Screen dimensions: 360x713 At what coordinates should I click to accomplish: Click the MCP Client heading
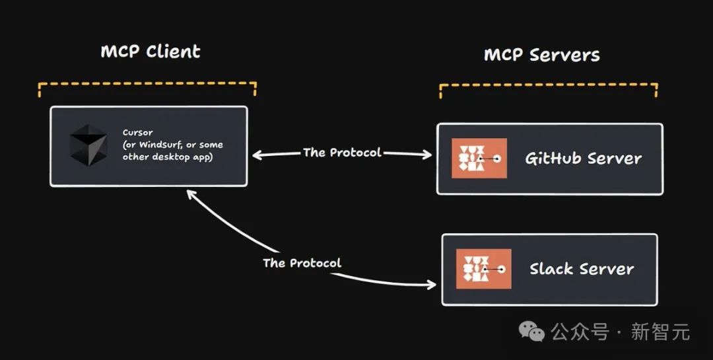pos(150,52)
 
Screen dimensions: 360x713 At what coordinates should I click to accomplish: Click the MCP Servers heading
pos(542,54)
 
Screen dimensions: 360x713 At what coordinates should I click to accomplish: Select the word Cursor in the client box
pos(137,133)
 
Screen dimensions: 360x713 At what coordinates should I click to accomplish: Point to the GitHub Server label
pos(583,159)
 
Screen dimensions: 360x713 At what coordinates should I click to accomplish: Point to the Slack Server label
pos(582,269)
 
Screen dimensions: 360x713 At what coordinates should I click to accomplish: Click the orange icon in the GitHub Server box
pos(479,159)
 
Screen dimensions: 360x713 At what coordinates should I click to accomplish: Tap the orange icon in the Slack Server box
pos(483,269)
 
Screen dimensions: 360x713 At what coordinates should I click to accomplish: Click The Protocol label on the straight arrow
pos(342,153)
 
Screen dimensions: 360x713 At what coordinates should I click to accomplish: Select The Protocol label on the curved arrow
pos(302,263)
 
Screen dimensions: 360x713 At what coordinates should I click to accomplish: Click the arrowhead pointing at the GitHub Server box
pos(428,155)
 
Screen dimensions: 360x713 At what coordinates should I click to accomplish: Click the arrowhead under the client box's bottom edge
pos(190,193)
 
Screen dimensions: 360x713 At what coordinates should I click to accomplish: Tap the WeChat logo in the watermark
pos(532,330)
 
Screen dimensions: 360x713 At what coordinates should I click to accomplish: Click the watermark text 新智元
pos(660,331)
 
